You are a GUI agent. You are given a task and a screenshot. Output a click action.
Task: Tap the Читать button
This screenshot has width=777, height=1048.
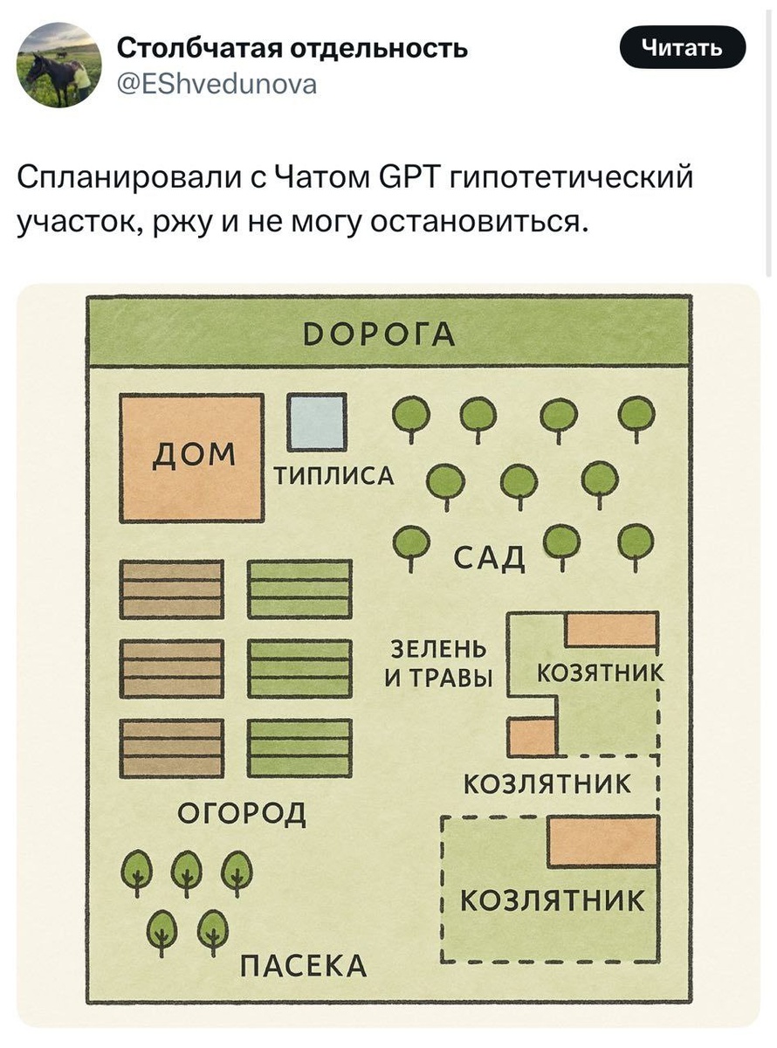(682, 47)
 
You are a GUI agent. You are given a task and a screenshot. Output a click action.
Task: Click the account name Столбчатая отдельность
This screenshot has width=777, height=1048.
(292, 47)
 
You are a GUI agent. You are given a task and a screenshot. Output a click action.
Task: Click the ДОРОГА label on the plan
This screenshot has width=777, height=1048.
(388, 335)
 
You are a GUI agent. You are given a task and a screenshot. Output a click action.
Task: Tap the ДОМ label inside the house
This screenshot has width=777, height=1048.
(195, 453)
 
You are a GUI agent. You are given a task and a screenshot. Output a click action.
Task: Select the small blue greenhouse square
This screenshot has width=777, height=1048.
(317, 423)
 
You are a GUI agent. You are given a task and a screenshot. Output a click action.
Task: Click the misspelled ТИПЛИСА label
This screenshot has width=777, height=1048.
(334, 476)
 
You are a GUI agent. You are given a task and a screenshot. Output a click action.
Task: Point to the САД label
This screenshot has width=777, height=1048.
(490, 555)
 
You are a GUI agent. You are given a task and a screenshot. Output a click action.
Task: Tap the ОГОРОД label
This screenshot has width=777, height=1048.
(242, 813)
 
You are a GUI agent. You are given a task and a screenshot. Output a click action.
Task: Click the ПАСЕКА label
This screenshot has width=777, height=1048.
(303, 967)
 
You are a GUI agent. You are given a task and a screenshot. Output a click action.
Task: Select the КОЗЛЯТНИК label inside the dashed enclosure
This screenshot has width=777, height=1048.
(553, 900)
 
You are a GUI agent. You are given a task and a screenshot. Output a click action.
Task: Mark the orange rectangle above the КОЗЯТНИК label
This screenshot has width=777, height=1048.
(611, 630)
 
